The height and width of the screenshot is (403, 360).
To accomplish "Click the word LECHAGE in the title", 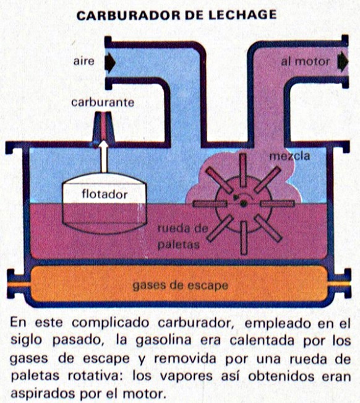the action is tap(242, 15).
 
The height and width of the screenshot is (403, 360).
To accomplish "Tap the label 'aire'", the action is tap(84, 62).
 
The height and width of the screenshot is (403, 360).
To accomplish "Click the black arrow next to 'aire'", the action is tap(110, 63).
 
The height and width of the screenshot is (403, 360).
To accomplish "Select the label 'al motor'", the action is tap(305, 62).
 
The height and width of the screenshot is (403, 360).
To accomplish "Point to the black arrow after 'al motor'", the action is tap(343, 62).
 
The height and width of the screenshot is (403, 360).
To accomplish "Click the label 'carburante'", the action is tap(103, 103).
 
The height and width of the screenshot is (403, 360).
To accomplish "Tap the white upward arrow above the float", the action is tap(104, 157).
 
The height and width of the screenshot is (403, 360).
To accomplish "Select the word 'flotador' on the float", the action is tap(105, 194).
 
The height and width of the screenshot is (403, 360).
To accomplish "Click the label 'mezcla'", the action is tap(289, 156).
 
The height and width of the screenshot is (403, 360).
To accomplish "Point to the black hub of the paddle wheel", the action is tap(243, 204).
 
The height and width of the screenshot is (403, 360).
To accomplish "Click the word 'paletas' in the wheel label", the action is tap(178, 245).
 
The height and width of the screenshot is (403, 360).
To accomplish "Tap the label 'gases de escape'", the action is tap(180, 285).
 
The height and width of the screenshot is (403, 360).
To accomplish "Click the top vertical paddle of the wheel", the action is tap(243, 170).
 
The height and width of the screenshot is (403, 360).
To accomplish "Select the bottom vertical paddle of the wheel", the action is tap(244, 238).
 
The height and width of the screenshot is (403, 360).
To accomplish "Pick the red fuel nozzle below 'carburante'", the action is tap(103, 126).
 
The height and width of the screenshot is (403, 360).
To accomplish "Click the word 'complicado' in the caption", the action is tap(111, 323).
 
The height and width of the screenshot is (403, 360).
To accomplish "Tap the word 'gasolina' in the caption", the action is tap(163, 340).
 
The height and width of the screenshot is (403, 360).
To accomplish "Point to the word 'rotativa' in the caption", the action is tap(96, 376).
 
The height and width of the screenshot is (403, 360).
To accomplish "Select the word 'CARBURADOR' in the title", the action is tap(129, 15).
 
